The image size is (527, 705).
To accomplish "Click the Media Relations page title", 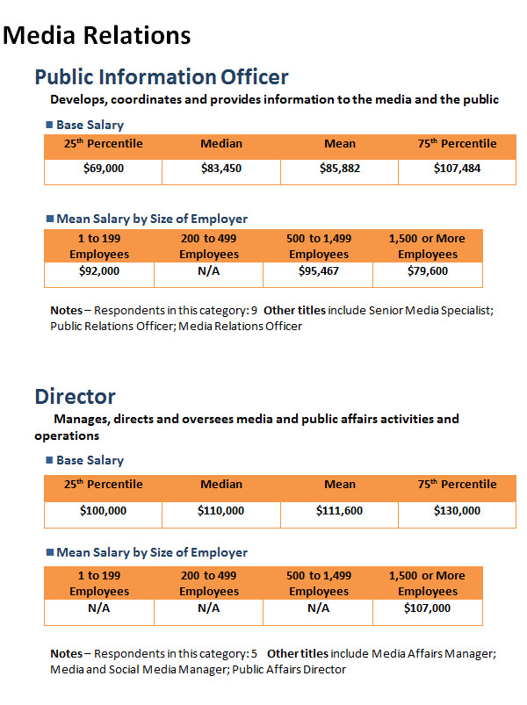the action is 97,35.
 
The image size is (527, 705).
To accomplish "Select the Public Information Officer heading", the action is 162,77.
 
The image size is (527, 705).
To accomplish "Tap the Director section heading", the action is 75,397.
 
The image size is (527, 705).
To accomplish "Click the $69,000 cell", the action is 104,169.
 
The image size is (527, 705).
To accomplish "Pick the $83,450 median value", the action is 221,169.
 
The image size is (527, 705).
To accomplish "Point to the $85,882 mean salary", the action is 340,169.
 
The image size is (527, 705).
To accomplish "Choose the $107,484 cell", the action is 458,169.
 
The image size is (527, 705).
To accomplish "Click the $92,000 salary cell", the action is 99,271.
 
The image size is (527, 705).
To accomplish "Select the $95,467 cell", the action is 319,271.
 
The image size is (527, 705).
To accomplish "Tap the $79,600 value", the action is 428,271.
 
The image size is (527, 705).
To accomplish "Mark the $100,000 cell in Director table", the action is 103,511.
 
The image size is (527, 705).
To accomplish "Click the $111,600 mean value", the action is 340,511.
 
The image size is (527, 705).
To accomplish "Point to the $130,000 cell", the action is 458,511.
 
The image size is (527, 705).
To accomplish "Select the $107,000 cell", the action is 427,608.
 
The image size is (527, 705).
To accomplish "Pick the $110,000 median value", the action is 220,511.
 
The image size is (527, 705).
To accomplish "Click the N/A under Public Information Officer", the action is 209,271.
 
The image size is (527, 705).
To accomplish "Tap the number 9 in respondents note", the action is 254,311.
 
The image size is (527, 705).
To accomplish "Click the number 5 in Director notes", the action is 254,654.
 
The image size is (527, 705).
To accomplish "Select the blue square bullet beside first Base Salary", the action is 49,125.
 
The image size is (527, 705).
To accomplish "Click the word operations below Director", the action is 67,436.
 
